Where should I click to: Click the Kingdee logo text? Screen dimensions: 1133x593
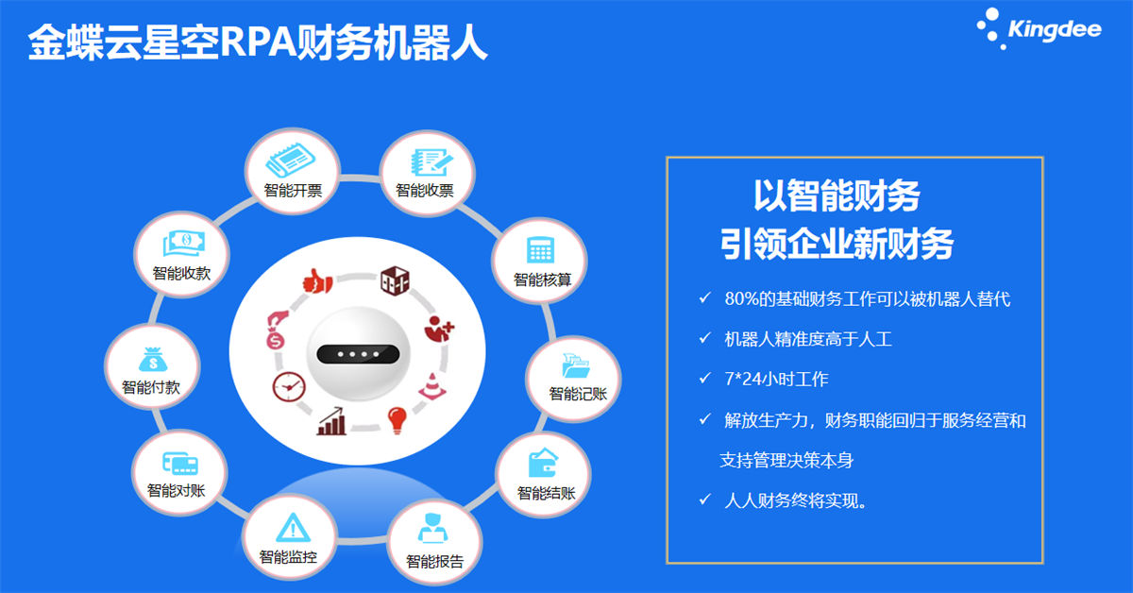tap(1054, 30)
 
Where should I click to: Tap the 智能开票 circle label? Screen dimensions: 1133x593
tap(293, 191)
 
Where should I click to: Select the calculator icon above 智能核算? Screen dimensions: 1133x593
tap(540, 250)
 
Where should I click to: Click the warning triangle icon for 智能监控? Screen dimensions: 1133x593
tap(293, 527)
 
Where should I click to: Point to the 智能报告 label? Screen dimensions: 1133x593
tap(434, 561)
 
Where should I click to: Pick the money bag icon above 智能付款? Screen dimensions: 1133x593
tap(153, 360)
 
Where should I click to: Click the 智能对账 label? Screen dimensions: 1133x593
tap(176, 490)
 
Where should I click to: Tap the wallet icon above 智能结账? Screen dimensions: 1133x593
tap(543, 463)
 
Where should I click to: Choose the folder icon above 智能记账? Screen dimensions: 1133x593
tap(576, 365)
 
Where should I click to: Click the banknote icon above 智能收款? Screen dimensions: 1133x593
tap(184, 243)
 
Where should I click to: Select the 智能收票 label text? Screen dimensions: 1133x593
tap(424, 191)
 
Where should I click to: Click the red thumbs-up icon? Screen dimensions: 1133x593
tap(317, 281)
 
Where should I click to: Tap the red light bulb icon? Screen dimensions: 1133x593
tap(397, 420)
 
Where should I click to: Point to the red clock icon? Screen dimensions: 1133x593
tap(289, 387)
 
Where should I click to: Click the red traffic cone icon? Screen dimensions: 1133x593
tap(432, 386)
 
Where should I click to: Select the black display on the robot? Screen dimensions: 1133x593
tap(358, 354)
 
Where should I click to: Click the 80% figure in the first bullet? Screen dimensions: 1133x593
tap(741, 299)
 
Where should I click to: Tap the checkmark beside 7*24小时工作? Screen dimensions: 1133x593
tap(704, 379)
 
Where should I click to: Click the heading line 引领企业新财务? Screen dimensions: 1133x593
tap(837, 244)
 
